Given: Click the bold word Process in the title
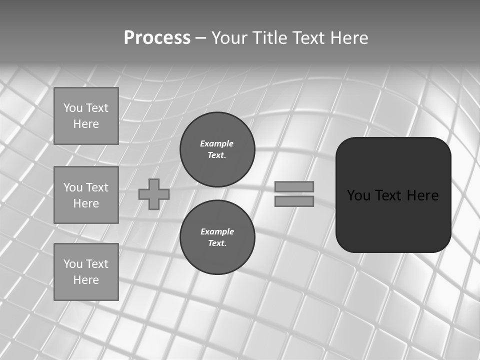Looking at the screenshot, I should click(157, 38).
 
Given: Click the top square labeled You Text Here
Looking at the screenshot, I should click(86, 116).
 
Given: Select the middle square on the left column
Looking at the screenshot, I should click(86, 195).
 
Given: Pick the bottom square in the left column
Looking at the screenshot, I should click(86, 272).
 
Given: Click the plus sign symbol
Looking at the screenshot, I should click(154, 194).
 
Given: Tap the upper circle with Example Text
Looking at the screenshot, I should click(217, 149).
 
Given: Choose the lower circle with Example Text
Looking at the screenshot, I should click(217, 237).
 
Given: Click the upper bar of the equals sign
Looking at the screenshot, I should click(294, 186).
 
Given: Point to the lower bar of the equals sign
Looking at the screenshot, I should click(294, 201).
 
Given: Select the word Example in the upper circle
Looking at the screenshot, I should click(217, 143).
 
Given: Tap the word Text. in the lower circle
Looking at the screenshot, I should click(217, 243).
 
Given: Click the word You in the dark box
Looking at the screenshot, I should click(359, 195).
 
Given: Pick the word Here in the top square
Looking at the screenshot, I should click(86, 124).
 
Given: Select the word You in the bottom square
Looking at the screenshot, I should click(73, 264).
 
